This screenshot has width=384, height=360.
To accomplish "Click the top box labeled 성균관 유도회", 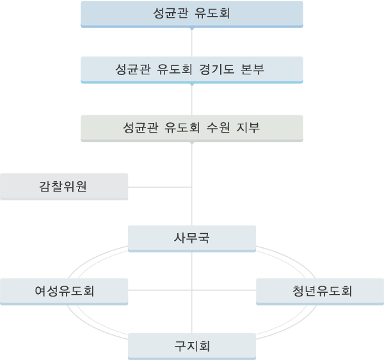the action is tap(192, 14).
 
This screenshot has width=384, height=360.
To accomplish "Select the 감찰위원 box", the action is tap(64, 187).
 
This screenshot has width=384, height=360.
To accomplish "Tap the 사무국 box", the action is tap(192, 239).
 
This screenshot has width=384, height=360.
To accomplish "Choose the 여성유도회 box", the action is tap(64, 291).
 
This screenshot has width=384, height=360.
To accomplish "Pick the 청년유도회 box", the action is tap(320, 291).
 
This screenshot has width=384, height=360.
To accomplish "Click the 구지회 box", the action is tap(192, 347).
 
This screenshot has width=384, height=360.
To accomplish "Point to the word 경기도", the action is tap(217, 69).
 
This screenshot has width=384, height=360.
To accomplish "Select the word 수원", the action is tap(218, 127).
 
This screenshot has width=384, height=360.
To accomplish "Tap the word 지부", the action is tap(248, 127).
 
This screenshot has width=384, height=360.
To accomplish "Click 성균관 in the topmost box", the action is tap(171, 13).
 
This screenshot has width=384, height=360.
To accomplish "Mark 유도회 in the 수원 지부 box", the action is tap(182, 127).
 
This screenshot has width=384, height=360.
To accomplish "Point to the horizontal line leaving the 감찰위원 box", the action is tap(159, 187).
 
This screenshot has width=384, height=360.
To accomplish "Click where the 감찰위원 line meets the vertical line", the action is tap(192, 187).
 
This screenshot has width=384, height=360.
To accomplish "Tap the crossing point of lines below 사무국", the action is tap(192, 290).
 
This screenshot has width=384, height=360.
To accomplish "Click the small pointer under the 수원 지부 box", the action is tap(192, 143).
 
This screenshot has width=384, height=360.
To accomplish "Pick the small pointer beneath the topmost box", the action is tap(192, 29).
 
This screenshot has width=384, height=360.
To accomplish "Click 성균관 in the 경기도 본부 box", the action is tap(133, 69).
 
